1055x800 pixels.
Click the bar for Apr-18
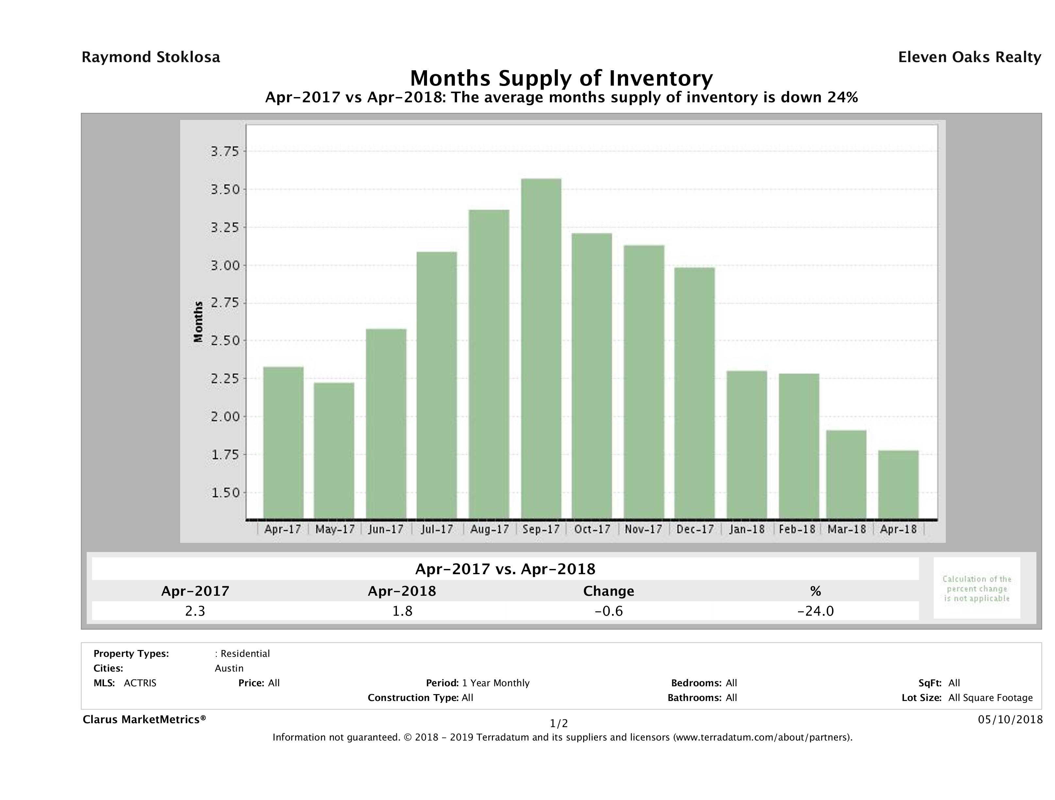898,484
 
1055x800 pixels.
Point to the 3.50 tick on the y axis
225,190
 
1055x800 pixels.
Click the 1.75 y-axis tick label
225,454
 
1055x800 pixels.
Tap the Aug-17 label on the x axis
489,529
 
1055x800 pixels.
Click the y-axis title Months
198,322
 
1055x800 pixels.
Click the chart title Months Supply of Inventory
561,78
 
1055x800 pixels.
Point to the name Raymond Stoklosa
151,57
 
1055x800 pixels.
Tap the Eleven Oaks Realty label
969,57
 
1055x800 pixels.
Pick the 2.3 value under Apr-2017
195,611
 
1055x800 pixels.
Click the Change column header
609,591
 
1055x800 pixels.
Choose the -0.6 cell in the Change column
609,611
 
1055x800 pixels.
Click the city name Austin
229,668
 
